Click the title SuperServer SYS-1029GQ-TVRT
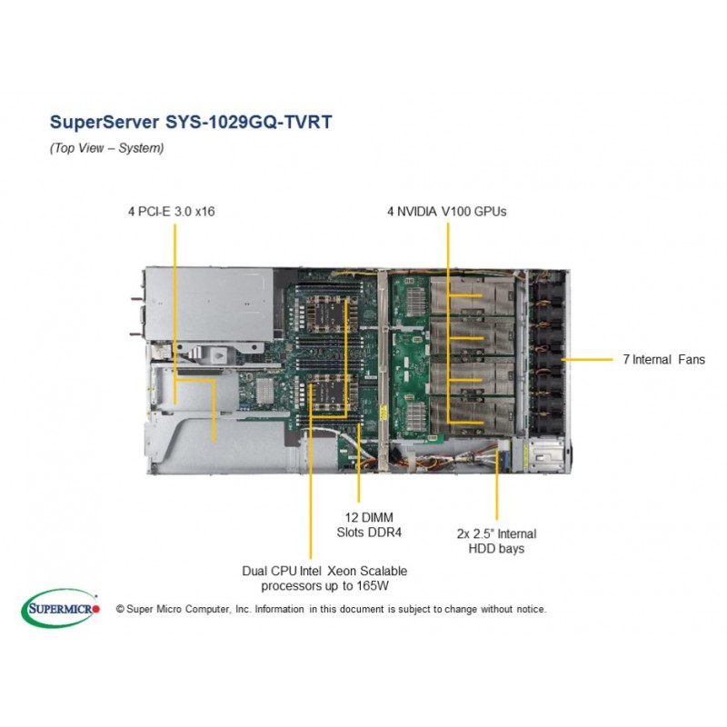tap(191, 122)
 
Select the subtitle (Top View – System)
tap(106, 148)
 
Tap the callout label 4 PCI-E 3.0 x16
tap(172, 212)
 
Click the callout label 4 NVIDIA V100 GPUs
tap(447, 212)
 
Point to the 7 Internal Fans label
tap(664, 359)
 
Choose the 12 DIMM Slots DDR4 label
tap(369, 525)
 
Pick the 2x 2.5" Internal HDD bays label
tap(496, 541)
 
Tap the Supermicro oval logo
tap(60, 608)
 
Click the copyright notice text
tap(332, 609)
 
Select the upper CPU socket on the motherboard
tap(329, 314)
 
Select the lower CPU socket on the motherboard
tap(329, 395)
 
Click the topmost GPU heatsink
tap(472, 296)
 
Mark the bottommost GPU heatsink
tap(472, 415)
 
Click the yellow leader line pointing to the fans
tap(587, 359)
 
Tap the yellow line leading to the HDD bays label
tap(496, 484)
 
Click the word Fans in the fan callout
tap(692, 359)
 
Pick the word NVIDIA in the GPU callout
tap(417, 212)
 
